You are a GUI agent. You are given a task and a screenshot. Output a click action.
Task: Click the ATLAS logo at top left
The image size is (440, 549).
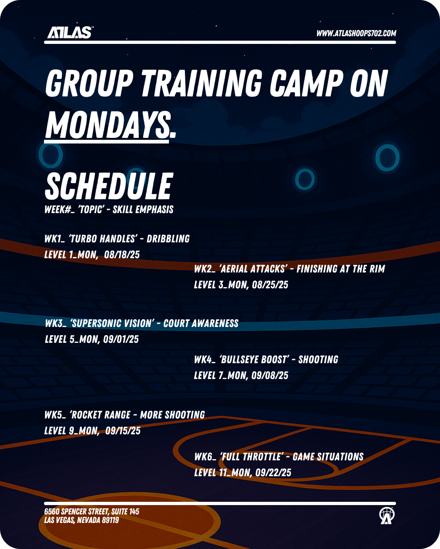click(70, 33)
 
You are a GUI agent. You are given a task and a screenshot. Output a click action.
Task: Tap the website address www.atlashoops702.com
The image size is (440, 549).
click(356, 33)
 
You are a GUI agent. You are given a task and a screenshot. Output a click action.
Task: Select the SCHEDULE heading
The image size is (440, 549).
click(109, 186)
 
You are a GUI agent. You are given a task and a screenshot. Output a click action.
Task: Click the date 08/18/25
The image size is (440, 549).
click(122, 254)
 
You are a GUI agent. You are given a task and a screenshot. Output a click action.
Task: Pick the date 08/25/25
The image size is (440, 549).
click(270, 284)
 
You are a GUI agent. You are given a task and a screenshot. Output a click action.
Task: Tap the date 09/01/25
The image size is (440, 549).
click(121, 339)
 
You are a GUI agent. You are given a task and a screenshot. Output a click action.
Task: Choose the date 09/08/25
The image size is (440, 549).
click(270, 375)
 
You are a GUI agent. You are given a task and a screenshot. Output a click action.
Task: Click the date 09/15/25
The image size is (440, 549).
click(123, 431)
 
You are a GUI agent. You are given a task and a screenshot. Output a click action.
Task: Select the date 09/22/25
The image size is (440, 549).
click(273, 473)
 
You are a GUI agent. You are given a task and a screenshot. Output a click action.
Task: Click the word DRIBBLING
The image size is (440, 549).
click(168, 239)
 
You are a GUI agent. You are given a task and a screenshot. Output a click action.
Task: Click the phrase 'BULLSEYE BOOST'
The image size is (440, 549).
click(254, 359)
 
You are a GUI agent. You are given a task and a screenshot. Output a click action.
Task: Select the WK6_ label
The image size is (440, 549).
click(205, 457)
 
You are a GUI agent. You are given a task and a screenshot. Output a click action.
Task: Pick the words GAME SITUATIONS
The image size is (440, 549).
click(328, 457)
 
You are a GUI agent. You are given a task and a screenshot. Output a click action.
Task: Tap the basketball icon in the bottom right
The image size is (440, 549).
click(387, 516)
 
